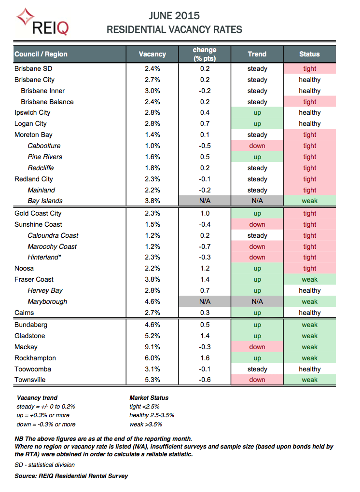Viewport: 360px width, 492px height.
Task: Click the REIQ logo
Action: [x=42, y=22]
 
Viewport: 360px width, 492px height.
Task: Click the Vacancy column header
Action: [x=152, y=54]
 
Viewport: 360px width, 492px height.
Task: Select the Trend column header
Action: [x=257, y=54]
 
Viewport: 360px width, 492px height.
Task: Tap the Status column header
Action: [x=309, y=54]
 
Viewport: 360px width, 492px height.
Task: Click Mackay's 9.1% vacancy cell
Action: [x=152, y=347]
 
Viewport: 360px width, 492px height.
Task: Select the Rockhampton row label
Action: [x=35, y=358]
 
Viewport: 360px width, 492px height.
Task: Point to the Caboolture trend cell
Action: [x=257, y=146]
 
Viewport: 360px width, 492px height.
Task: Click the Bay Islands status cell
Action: [x=309, y=201]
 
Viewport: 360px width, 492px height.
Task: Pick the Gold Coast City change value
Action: [x=205, y=213]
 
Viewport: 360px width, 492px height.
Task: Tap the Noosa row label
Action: [x=24, y=268]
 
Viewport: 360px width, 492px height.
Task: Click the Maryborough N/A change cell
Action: [x=205, y=301]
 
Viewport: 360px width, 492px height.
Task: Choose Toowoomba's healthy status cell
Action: [x=309, y=369]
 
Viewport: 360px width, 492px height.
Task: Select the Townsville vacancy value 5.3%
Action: [x=152, y=380]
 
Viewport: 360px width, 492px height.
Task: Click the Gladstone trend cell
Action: [x=257, y=336]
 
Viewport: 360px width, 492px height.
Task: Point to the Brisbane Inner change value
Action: [x=205, y=91]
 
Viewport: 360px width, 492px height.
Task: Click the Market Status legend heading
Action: [x=149, y=398]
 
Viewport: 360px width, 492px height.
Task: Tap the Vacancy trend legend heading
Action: [x=37, y=398]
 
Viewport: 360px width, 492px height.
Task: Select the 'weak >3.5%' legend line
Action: [x=146, y=424]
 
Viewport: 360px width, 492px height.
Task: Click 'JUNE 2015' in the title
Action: [x=174, y=16]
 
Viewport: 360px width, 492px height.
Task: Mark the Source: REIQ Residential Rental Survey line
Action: [x=71, y=476]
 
